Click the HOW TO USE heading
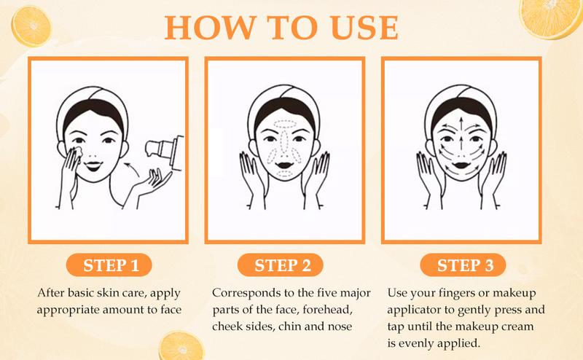pos(281,28)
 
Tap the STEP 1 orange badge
pos(109,265)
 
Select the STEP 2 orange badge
pos(281,265)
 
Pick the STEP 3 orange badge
pos(463,265)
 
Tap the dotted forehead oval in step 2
pos(284,125)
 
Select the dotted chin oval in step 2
pos(285,174)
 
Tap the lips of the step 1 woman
pos(93,165)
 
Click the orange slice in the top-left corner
pos(31,26)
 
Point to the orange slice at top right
pos(550,17)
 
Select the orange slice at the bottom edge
pos(181,347)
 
